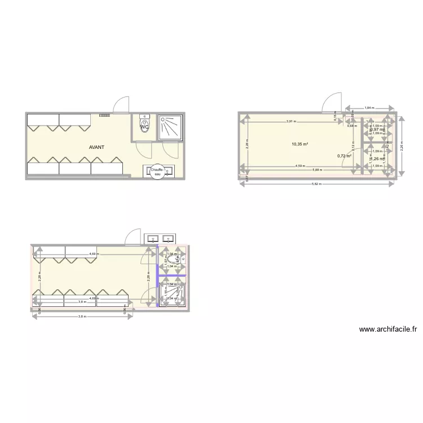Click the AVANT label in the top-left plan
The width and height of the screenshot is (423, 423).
96,147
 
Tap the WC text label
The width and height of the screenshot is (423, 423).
144,127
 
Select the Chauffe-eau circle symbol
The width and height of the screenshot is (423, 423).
157,171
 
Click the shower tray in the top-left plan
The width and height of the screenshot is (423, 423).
169,126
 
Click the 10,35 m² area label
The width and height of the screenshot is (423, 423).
299,144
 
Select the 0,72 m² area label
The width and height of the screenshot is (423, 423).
344,156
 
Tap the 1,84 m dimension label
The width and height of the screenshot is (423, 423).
369,107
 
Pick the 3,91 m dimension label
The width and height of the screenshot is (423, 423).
291,121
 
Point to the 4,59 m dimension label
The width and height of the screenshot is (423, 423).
302,166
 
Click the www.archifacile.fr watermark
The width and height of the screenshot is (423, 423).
387,330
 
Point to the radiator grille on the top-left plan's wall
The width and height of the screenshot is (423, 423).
105,115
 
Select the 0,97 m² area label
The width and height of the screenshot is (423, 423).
377,130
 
